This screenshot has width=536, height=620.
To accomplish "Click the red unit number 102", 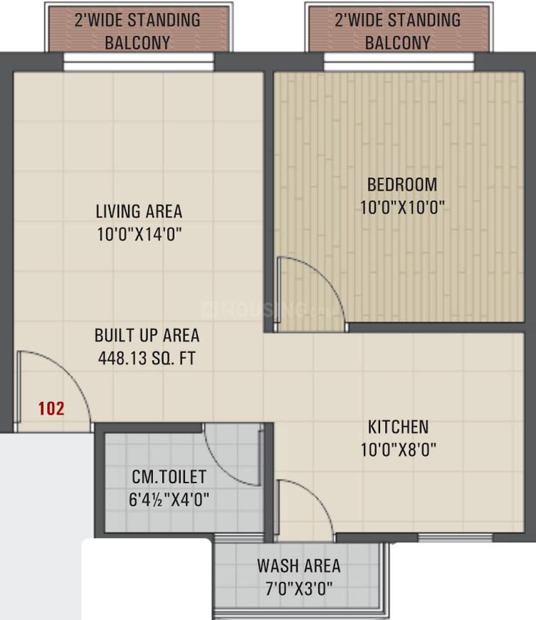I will [51, 408].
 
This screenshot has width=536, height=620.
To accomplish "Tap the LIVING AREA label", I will [139, 212].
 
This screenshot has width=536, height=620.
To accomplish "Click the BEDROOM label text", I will [402, 185].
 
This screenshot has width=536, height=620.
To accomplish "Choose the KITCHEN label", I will [398, 427].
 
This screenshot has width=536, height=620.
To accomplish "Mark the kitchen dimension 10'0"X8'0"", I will [398, 450].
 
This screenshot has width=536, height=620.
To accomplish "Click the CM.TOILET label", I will [169, 476].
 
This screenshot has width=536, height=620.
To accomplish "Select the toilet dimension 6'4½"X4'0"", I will [169, 499].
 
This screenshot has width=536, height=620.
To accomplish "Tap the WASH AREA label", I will [299, 567].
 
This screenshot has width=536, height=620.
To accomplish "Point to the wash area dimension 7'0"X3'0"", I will [299, 589].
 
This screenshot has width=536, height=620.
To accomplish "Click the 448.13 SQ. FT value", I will [147, 358].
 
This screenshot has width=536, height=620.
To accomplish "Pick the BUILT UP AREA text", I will [147, 335].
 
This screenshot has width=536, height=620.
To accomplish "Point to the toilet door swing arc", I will [231, 456].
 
